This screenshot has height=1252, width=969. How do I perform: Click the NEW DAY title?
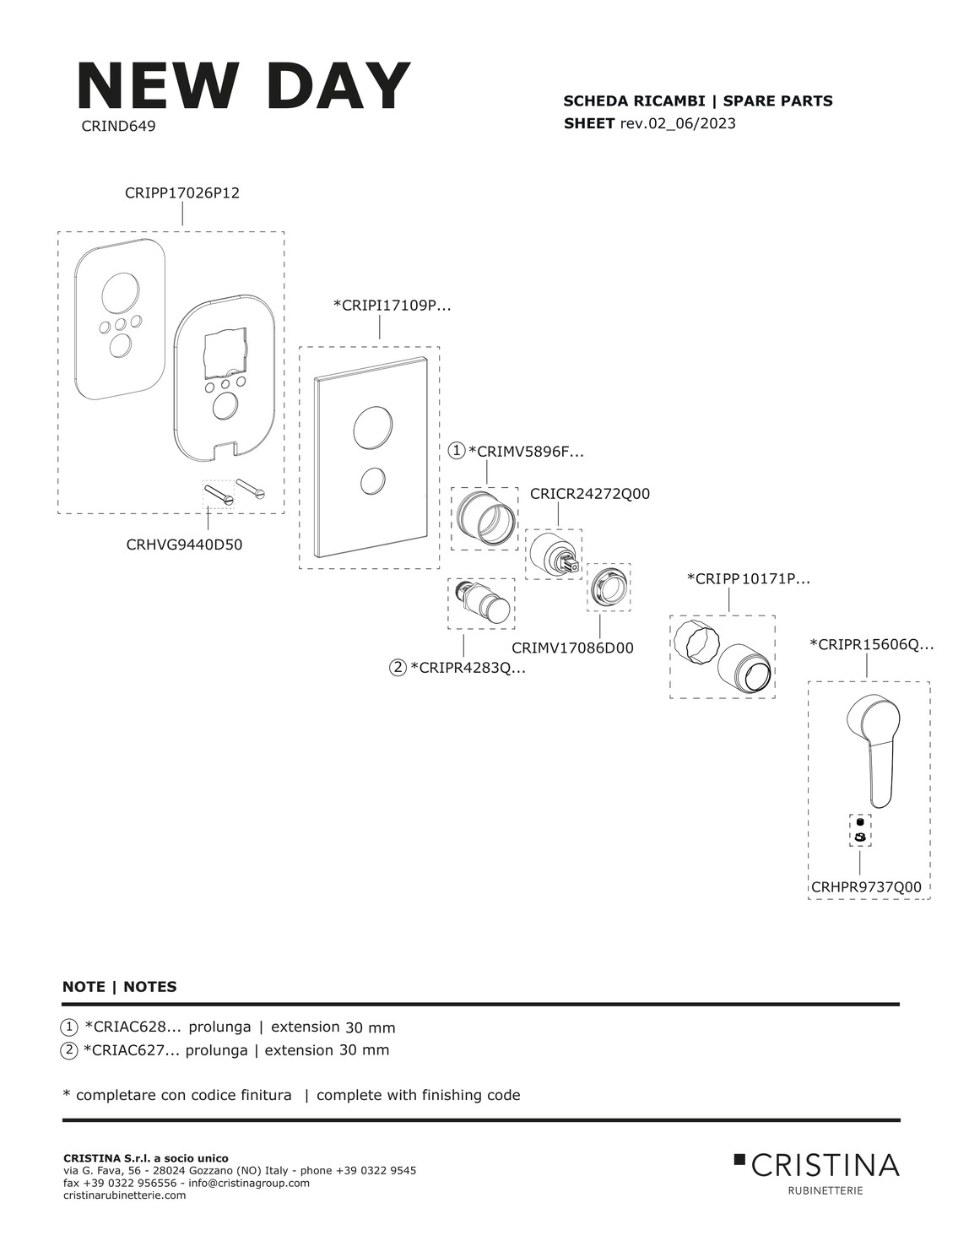pyautogui.click(x=243, y=87)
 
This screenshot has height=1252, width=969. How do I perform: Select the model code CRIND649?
pyautogui.click(x=118, y=127)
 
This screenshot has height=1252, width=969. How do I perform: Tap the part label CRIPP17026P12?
pyautogui.click(x=182, y=193)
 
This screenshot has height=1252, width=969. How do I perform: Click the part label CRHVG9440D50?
pyautogui.click(x=184, y=545)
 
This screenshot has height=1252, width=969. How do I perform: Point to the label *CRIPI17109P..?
pyautogui.click(x=392, y=306)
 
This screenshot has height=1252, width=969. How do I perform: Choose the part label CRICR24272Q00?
pyautogui.click(x=590, y=494)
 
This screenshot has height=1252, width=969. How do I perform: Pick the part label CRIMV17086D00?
pyautogui.click(x=572, y=648)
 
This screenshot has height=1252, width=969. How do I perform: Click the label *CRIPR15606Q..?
pyautogui.click(x=872, y=645)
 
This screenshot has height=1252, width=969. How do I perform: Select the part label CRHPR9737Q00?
pyautogui.click(x=866, y=887)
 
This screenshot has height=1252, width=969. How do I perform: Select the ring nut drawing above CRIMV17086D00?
pyautogui.click(x=609, y=587)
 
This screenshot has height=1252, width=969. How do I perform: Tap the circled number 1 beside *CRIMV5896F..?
pyautogui.click(x=457, y=451)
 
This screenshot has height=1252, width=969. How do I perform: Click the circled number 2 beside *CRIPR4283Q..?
pyautogui.click(x=398, y=668)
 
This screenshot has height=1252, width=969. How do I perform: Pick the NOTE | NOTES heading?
pyautogui.click(x=120, y=987)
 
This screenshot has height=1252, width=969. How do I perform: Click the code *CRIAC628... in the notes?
pyautogui.click(x=132, y=1027)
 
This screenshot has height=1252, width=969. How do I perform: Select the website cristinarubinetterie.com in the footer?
pyautogui.click(x=124, y=1195)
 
